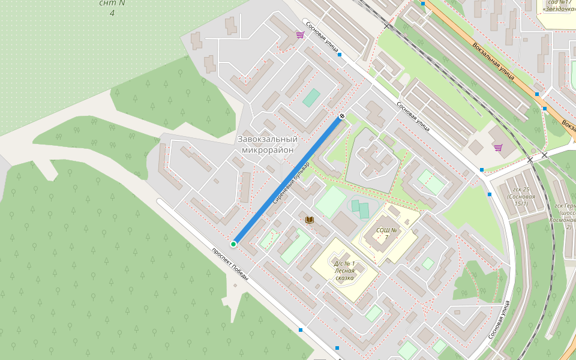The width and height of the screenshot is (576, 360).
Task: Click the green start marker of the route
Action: pos(233,244)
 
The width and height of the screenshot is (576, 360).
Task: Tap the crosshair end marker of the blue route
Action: pos(342,116)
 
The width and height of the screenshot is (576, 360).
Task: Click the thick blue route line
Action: pos(288,180)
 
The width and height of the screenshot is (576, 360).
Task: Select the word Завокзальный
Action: pos(268,139)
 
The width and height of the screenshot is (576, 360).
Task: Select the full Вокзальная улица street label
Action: pos(493,61)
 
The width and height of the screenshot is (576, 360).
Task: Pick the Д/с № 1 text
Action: pos(344,263)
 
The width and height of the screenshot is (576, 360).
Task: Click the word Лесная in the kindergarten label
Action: pos(344,271)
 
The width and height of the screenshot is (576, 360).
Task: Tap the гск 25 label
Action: pos(521,190)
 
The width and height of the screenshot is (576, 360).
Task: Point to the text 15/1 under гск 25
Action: pos(521,204)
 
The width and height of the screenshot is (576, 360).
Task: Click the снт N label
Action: pos(112,3)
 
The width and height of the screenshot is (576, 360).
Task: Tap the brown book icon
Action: pos(310,220)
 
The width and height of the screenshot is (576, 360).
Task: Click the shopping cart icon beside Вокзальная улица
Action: pos(498,147)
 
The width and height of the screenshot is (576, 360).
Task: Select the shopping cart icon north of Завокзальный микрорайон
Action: pos(300,35)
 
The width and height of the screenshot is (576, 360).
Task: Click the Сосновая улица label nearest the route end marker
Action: pos(413,116)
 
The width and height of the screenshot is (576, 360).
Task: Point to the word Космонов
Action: pos(562,220)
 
